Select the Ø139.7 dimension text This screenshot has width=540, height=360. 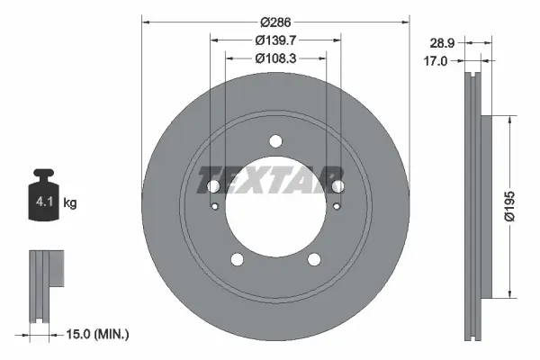pyautogui.click(x=275, y=39)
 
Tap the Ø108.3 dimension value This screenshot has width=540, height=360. pyautogui.click(x=275, y=58)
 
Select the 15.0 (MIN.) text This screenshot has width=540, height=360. pyautogui.click(x=99, y=334)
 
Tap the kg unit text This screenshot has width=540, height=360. pyautogui.click(x=70, y=203)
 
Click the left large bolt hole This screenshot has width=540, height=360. pyautogui.click(x=213, y=186)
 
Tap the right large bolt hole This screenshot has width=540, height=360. pyautogui.click(x=337, y=186)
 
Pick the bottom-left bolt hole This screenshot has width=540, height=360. pyautogui.click(x=237, y=259)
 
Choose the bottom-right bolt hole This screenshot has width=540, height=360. pyautogui.click(x=314, y=259)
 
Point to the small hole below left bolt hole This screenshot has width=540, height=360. pyautogui.click(x=214, y=206)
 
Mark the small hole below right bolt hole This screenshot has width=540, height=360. pyautogui.click(x=336, y=206)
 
